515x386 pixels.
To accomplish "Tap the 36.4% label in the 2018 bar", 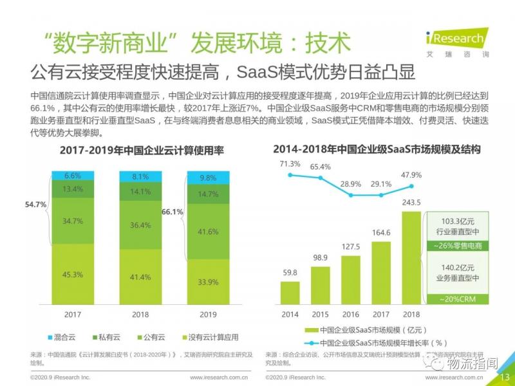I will tap(140, 225).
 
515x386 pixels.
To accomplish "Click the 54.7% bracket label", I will tap(36, 205).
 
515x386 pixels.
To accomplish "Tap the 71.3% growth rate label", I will tap(290, 164).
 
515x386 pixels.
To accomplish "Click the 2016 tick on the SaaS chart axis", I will tap(351, 313).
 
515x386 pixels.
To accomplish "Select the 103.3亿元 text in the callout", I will tap(458, 220).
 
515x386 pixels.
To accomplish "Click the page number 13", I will tap(505, 377).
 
